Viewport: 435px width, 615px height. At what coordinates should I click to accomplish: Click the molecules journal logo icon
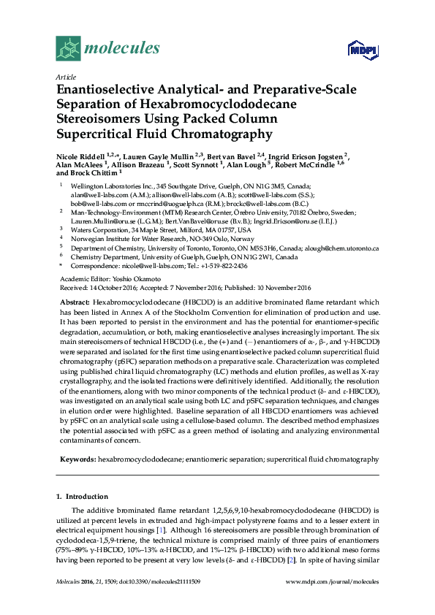point(68,48)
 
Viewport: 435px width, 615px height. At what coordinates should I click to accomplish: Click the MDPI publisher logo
point(363,50)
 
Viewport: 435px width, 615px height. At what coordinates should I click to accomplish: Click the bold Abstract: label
point(75,302)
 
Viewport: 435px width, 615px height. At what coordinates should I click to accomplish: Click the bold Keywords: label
point(77,459)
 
